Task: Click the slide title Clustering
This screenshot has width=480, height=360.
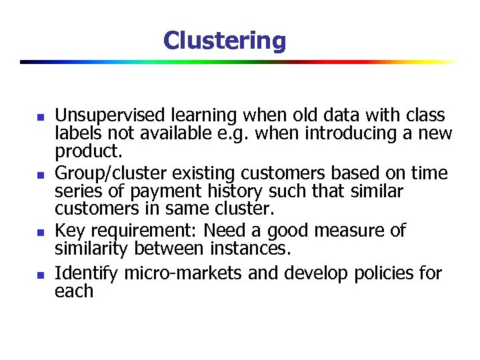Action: (x=224, y=41)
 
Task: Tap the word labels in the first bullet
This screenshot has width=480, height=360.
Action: (x=75, y=133)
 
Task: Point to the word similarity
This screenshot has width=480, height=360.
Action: (x=91, y=249)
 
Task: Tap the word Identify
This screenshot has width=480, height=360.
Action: (x=85, y=273)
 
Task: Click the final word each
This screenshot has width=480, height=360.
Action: (x=74, y=291)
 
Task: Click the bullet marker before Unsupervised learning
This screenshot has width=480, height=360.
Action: (x=40, y=117)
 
